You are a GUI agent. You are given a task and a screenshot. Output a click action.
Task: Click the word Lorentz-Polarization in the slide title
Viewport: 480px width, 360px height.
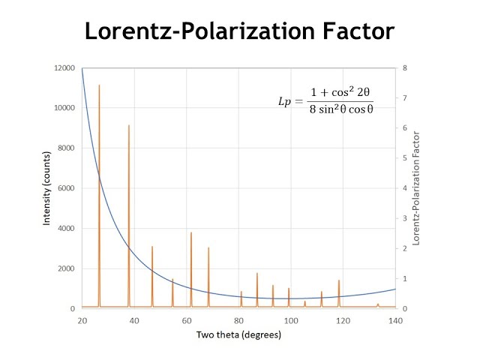(192, 31)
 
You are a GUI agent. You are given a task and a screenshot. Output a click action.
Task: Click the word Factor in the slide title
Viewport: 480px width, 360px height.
(352, 31)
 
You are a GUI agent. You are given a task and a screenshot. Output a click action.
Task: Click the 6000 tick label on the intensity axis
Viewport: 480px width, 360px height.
(64, 188)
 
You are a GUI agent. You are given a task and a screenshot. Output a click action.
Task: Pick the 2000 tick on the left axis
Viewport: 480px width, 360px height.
(64, 268)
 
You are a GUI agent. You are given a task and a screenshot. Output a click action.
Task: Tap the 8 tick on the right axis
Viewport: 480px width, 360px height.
(404, 68)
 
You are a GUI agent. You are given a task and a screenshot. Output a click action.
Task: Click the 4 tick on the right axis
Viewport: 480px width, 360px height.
(404, 188)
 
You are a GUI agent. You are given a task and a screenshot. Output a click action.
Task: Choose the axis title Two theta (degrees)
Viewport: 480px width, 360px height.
(238, 335)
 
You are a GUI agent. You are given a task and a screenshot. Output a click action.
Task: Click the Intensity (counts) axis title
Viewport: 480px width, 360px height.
(46, 188)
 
